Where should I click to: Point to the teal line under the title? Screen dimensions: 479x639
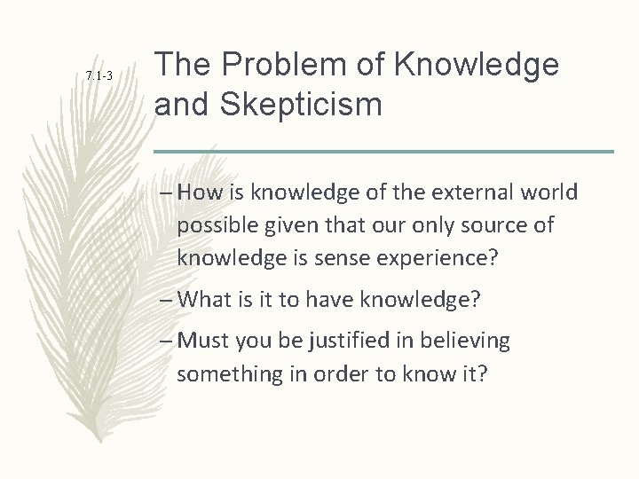[x=383, y=151]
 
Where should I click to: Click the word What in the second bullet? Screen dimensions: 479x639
[x=203, y=299]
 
